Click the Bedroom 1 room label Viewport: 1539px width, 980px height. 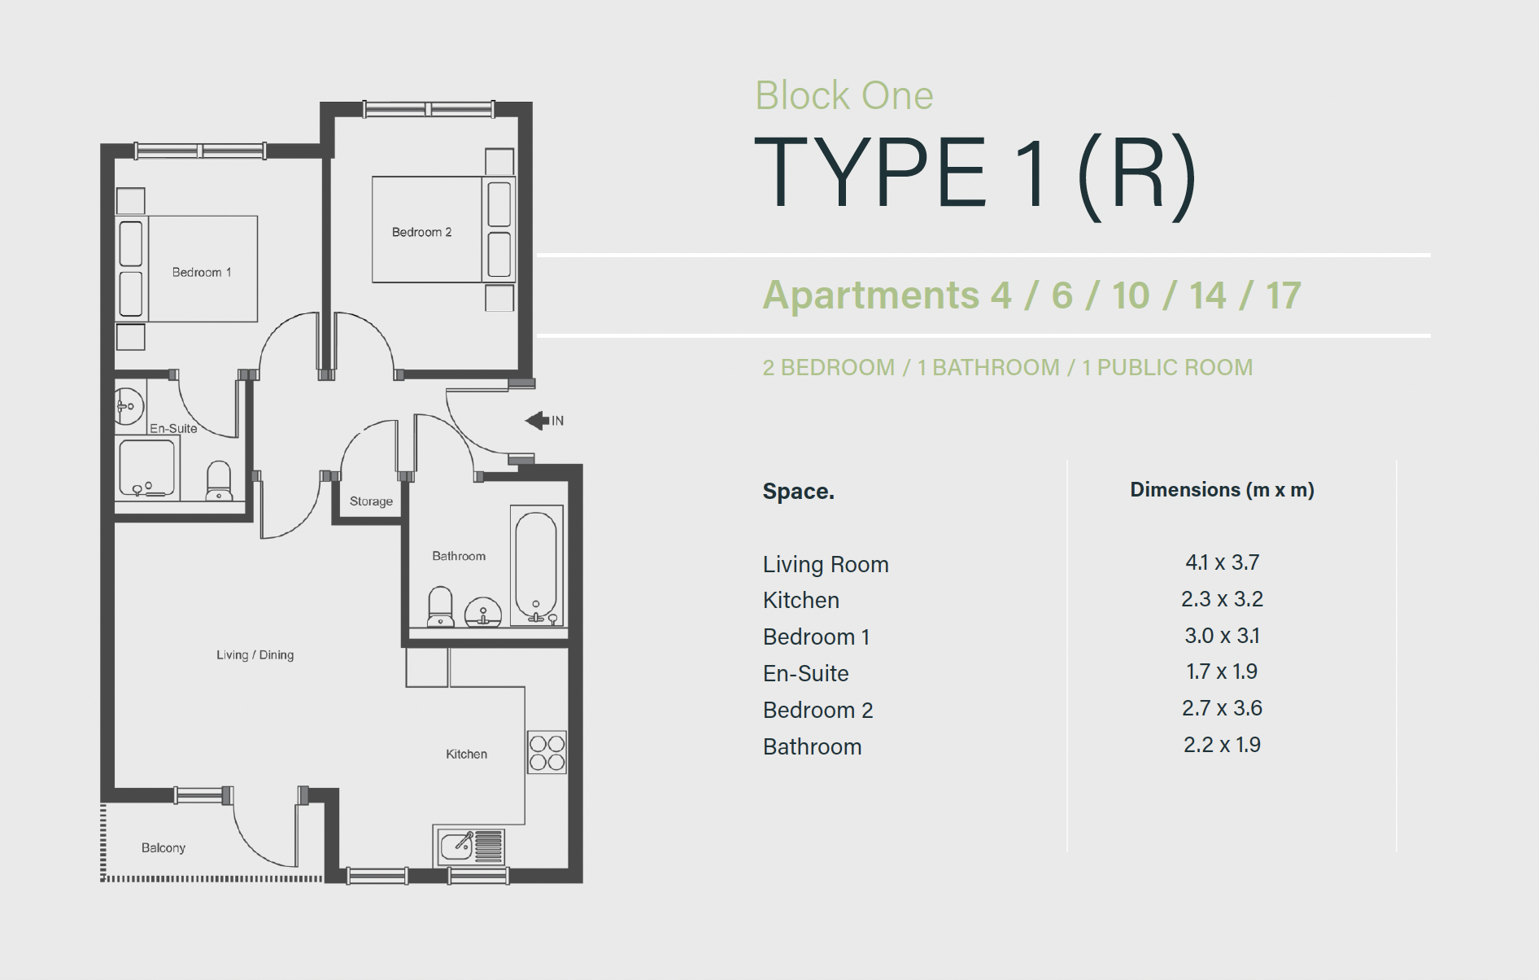pos(202,273)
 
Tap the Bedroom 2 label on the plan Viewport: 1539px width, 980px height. pos(421,233)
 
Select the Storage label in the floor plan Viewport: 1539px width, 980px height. pos(371,501)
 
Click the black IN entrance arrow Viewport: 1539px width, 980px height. pos(538,421)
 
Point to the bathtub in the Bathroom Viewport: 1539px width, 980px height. pos(536,566)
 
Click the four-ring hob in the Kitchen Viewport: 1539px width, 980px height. pos(547,752)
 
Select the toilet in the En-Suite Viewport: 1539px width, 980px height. pos(219,481)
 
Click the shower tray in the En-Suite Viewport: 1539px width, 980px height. pos(147,468)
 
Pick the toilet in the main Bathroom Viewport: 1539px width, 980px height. pos(441,606)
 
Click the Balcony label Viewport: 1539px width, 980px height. pos(163,848)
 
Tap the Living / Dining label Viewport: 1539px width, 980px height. pos(255,655)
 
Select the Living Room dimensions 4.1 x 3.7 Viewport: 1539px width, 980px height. pos(1222,562)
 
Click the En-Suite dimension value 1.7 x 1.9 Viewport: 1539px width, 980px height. pos(1222,672)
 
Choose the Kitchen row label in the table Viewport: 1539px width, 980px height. pos(800,601)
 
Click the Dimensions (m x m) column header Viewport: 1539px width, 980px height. pos(1222,490)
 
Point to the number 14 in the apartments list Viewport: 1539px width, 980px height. pos(1207,295)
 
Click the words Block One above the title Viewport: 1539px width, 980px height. pos(844,96)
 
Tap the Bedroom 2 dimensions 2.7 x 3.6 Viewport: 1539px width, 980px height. pos(1222,708)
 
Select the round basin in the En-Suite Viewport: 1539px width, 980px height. pos(128,405)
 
